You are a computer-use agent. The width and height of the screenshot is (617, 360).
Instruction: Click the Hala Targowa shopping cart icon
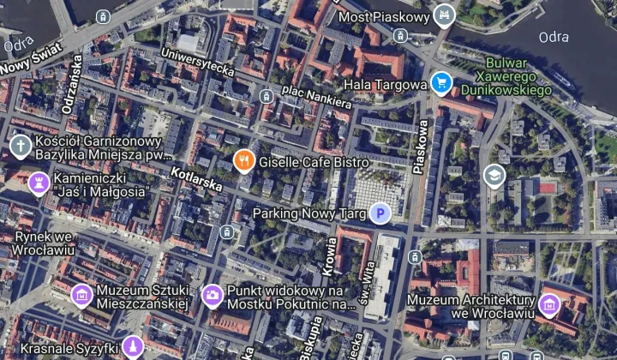click(x=442, y=83)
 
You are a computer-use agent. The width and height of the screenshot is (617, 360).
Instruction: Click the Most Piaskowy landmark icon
click(x=444, y=15)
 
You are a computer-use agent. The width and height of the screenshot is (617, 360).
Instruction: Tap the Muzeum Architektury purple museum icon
click(x=549, y=303)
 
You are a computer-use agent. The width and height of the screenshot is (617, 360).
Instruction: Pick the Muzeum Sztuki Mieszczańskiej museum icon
click(x=82, y=296)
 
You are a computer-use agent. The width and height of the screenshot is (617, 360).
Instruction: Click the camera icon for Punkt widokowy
click(x=213, y=296)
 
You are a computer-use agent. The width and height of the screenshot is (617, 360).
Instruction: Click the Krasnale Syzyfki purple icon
click(x=133, y=346)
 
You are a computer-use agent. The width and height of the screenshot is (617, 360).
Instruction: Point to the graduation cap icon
click(x=494, y=176)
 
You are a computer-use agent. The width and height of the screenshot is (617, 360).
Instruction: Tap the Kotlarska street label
click(x=196, y=178)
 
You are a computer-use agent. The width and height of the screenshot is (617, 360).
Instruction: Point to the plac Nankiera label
click(x=317, y=96)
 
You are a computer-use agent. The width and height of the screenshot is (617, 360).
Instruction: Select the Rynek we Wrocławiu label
click(x=40, y=243)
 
